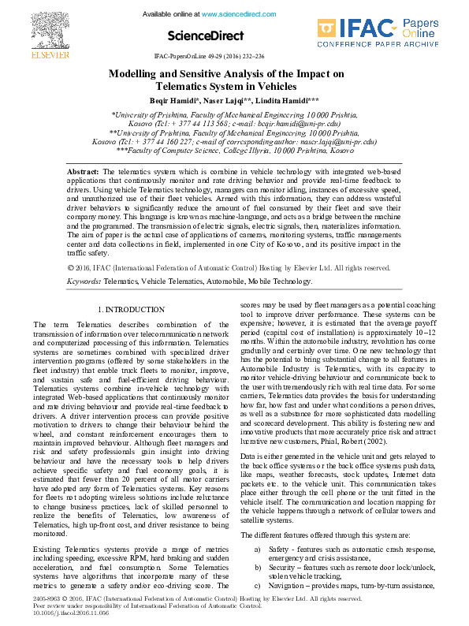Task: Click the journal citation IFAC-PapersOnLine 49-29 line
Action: click(209, 58)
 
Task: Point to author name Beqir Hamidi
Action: click(173, 101)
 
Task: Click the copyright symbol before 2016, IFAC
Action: click(72, 246)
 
